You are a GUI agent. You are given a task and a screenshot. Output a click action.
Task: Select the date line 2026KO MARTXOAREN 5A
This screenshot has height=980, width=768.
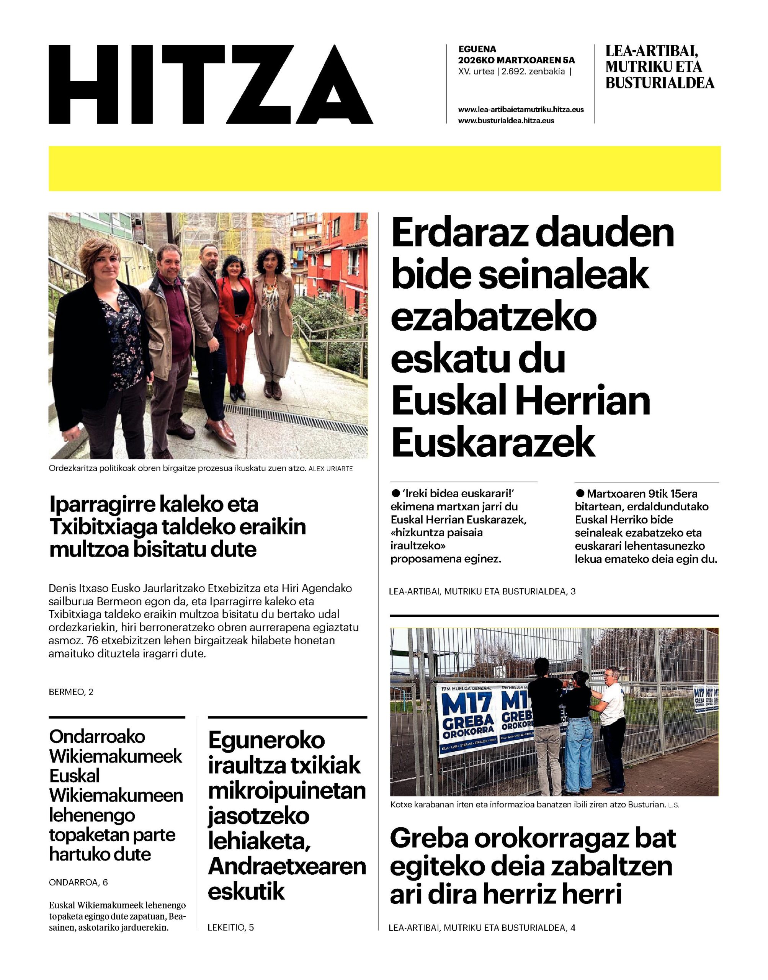[x=516, y=60]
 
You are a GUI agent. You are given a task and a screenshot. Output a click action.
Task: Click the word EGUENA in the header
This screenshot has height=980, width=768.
[x=477, y=49]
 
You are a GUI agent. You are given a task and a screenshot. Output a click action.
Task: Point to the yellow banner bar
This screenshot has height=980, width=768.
[x=384, y=168]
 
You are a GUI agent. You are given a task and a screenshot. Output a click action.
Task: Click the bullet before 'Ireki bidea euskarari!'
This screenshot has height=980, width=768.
[x=396, y=493]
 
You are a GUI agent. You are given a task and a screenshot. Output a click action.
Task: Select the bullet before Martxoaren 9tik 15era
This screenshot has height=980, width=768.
[x=580, y=493]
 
